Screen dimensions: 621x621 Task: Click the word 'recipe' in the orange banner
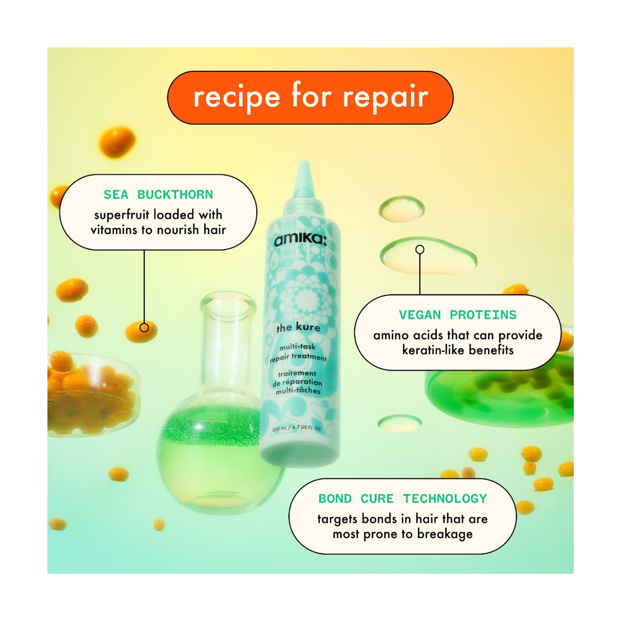pyautogui.click(x=237, y=97)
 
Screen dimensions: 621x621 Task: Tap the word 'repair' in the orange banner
pyautogui.click(x=385, y=97)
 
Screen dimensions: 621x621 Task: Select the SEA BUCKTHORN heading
pyautogui.click(x=158, y=194)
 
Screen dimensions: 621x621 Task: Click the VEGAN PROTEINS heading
pyautogui.click(x=458, y=315)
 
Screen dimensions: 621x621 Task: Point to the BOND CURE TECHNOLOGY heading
pyautogui.click(x=402, y=499)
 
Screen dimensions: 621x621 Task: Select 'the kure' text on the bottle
pyautogui.click(x=298, y=327)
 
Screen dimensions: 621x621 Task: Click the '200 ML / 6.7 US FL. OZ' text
pyautogui.click(x=297, y=428)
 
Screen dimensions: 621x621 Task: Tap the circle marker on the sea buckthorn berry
pyautogui.click(x=144, y=328)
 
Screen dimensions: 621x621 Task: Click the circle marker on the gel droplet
pyautogui.click(x=420, y=250)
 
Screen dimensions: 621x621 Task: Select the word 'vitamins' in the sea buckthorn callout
pyautogui.click(x=114, y=230)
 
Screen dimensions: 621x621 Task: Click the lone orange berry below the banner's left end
pyautogui.click(x=117, y=141)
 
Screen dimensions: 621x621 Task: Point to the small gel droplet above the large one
pyautogui.click(x=401, y=208)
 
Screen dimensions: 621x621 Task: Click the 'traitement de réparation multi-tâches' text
pyautogui.click(x=298, y=382)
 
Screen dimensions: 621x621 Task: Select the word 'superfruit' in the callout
pyautogui.click(x=122, y=214)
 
